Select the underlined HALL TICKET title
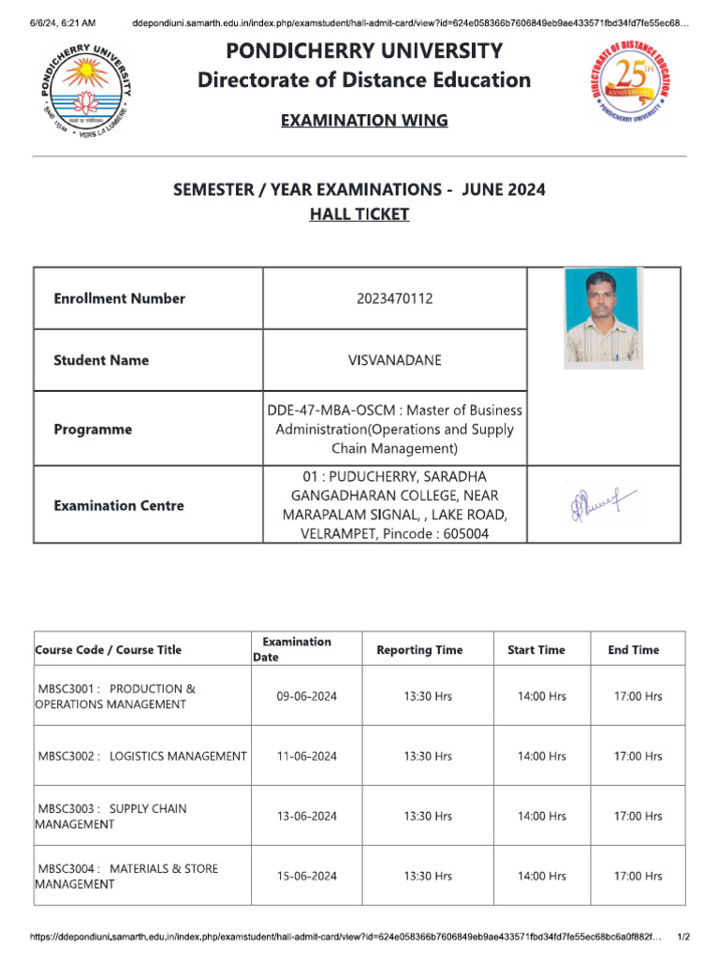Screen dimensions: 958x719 click(359, 214)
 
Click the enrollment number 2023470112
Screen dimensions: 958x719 click(395, 299)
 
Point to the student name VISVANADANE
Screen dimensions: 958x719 click(395, 360)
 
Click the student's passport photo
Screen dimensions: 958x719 click(604, 318)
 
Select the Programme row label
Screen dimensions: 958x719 click(93, 429)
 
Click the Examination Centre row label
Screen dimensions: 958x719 click(119, 505)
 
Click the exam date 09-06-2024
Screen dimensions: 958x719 click(306, 697)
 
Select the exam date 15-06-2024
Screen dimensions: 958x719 click(306, 877)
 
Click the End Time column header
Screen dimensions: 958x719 click(633, 650)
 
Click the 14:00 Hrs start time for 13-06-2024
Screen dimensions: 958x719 click(542, 817)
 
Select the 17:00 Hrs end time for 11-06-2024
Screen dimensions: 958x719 click(638, 757)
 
